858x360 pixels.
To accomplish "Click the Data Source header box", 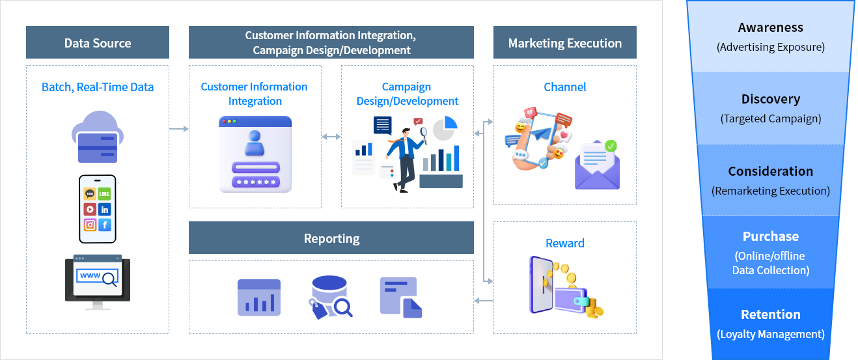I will click(x=98, y=43).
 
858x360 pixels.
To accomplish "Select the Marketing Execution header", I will click(x=564, y=43).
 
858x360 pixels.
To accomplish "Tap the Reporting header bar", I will click(x=331, y=238).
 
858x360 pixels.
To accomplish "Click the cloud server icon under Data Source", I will click(x=97, y=137).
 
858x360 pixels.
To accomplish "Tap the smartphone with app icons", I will click(x=97, y=208).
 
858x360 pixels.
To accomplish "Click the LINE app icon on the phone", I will click(x=104, y=194).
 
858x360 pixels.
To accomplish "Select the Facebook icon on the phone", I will click(x=104, y=225).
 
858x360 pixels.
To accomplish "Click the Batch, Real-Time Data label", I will click(x=98, y=87).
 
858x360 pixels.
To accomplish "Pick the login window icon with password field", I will click(x=255, y=154).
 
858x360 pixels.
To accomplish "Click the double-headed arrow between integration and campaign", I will click(x=331, y=137).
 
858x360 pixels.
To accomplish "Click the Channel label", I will click(x=564, y=87).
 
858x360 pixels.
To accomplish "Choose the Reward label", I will click(x=564, y=243).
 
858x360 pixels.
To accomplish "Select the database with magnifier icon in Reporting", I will click(x=330, y=297).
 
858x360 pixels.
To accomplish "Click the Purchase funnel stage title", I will click(x=770, y=236).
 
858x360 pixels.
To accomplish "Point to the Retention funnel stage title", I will click(x=770, y=314).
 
